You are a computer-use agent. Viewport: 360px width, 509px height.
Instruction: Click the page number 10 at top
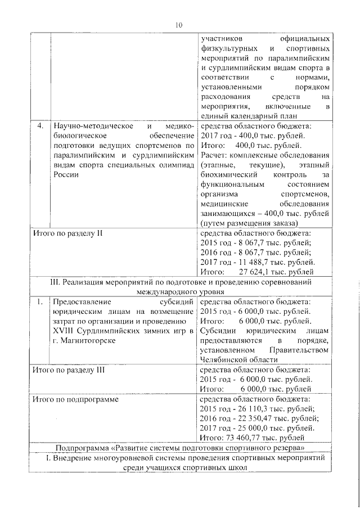[x=179, y=25]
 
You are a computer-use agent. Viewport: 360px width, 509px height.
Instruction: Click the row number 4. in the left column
[x=40, y=125]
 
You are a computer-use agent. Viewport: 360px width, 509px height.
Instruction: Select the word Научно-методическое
[x=85, y=125]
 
